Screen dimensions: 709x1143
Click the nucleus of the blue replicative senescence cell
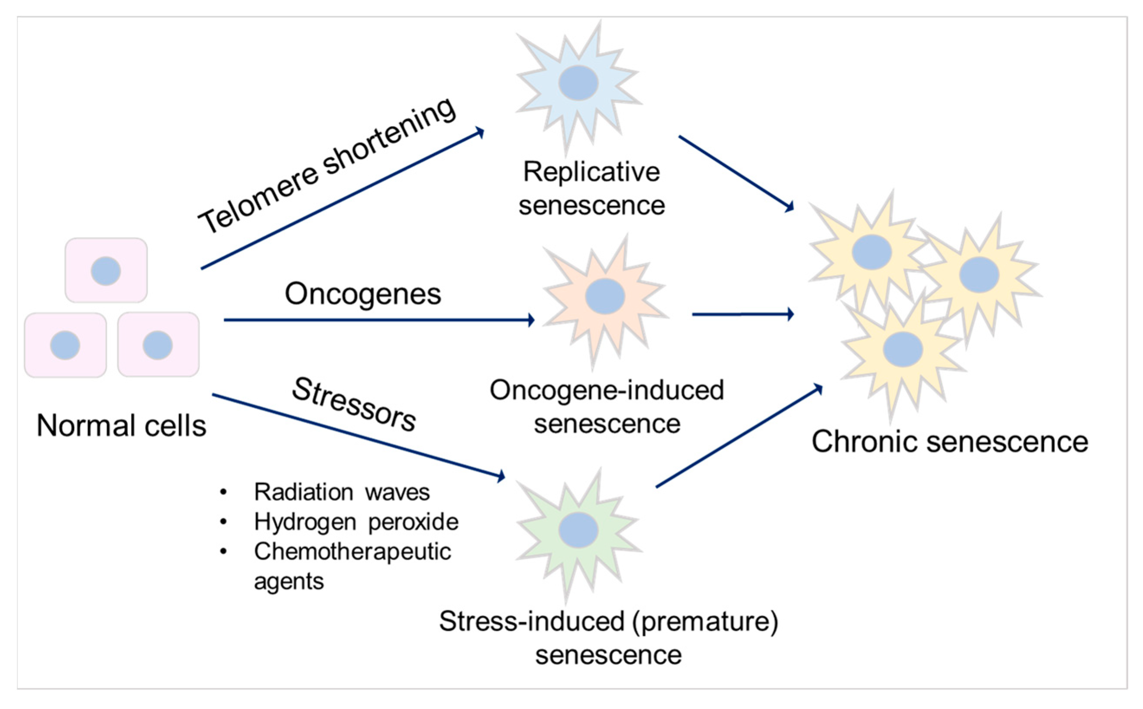click(x=578, y=83)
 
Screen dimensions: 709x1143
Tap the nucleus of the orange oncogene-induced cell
click(x=605, y=296)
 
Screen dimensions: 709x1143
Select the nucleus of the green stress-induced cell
click(x=578, y=530)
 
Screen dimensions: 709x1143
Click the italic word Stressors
click(x=354, y=404)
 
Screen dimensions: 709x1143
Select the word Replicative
click(x=591, y=172)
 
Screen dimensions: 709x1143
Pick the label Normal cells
click(x=121, y=426)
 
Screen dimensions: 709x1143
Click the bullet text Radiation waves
click(x=342, y=492)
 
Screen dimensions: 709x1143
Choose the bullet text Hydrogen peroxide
click(x=356, y=522)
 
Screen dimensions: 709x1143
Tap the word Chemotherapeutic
click(x=352, y=551)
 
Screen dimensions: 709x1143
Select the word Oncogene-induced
click(x=607, y=390)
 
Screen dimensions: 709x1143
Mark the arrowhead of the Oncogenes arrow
click(x=531, y=320)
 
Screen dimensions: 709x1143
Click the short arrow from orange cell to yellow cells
click(x=743, y=314)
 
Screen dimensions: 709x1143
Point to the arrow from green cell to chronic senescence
click(x=739, y=436)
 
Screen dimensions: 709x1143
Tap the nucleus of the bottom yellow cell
click(x=902, y=349)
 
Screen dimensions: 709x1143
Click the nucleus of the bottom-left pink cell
click(x=65, y=345)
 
